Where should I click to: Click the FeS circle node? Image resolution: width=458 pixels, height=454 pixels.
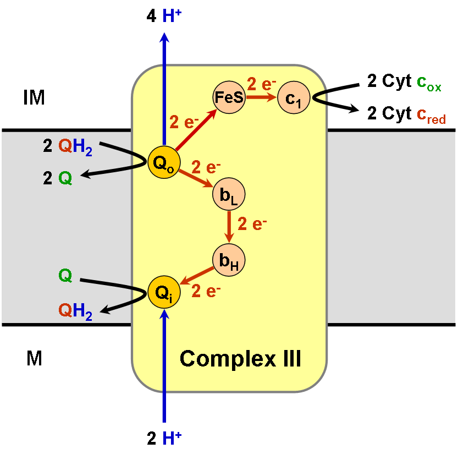(228, 98)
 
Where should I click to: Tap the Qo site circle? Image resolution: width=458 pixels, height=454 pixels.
(163, 163)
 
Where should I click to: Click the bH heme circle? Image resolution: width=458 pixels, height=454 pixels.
(228, 260)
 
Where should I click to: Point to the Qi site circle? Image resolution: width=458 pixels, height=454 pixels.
(164, 292)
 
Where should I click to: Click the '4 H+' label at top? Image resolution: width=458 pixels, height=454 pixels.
(164, 17)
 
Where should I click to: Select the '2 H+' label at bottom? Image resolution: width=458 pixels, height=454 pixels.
(164, 439)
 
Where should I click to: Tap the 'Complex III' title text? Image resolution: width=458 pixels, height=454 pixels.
(240, 359)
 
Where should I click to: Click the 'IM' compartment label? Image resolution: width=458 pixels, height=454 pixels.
(34, 99)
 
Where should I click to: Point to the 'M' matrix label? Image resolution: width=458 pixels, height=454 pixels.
(34, 359)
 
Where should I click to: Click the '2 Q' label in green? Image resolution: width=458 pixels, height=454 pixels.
(58, 179)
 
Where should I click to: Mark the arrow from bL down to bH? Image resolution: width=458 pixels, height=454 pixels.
(228, 226)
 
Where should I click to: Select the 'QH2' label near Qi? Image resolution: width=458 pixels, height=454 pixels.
(75, 312)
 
